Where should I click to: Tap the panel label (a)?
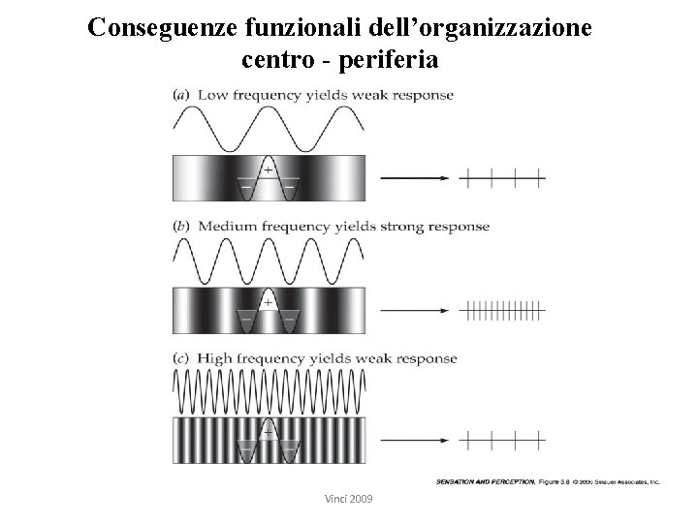point(181,95)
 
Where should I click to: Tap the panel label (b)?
point(181,227)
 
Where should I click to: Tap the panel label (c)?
point(181,358)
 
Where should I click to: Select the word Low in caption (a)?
point(212,95)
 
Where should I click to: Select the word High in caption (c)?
point(215,358)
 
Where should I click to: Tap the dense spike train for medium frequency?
point(504,311)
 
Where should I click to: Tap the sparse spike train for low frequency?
point(504,178)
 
